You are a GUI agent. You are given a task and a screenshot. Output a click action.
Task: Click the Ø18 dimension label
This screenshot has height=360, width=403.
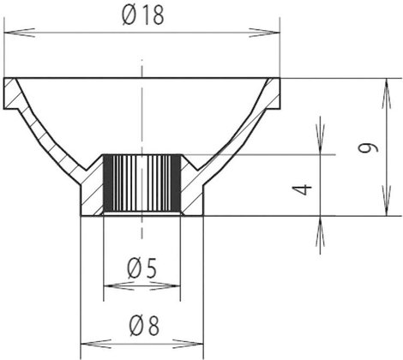pyautogui.click(x=143, y=15)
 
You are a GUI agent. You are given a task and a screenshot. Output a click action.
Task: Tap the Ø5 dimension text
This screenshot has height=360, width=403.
pyautogui.click(x=142, y=269)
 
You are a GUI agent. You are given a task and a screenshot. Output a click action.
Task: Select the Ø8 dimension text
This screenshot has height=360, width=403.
pyautogui.click(x=144, y=326)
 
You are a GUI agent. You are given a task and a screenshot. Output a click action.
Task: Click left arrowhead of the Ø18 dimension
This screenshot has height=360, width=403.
pyautogui.click(x=20, y=33)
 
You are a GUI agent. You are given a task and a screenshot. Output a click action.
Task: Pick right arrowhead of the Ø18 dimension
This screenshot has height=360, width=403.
pyautogui.click(x=265, y=33)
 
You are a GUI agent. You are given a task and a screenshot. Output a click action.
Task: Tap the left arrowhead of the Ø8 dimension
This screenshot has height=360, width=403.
pyautogui.click(x=96, y=344)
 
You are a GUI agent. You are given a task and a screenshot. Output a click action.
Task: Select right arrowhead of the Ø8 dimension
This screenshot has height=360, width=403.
pyautogui.click(x=189, y=344)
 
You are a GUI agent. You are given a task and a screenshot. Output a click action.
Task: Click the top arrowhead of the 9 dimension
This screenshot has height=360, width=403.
pyautogui.click(x=387, y=93)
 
